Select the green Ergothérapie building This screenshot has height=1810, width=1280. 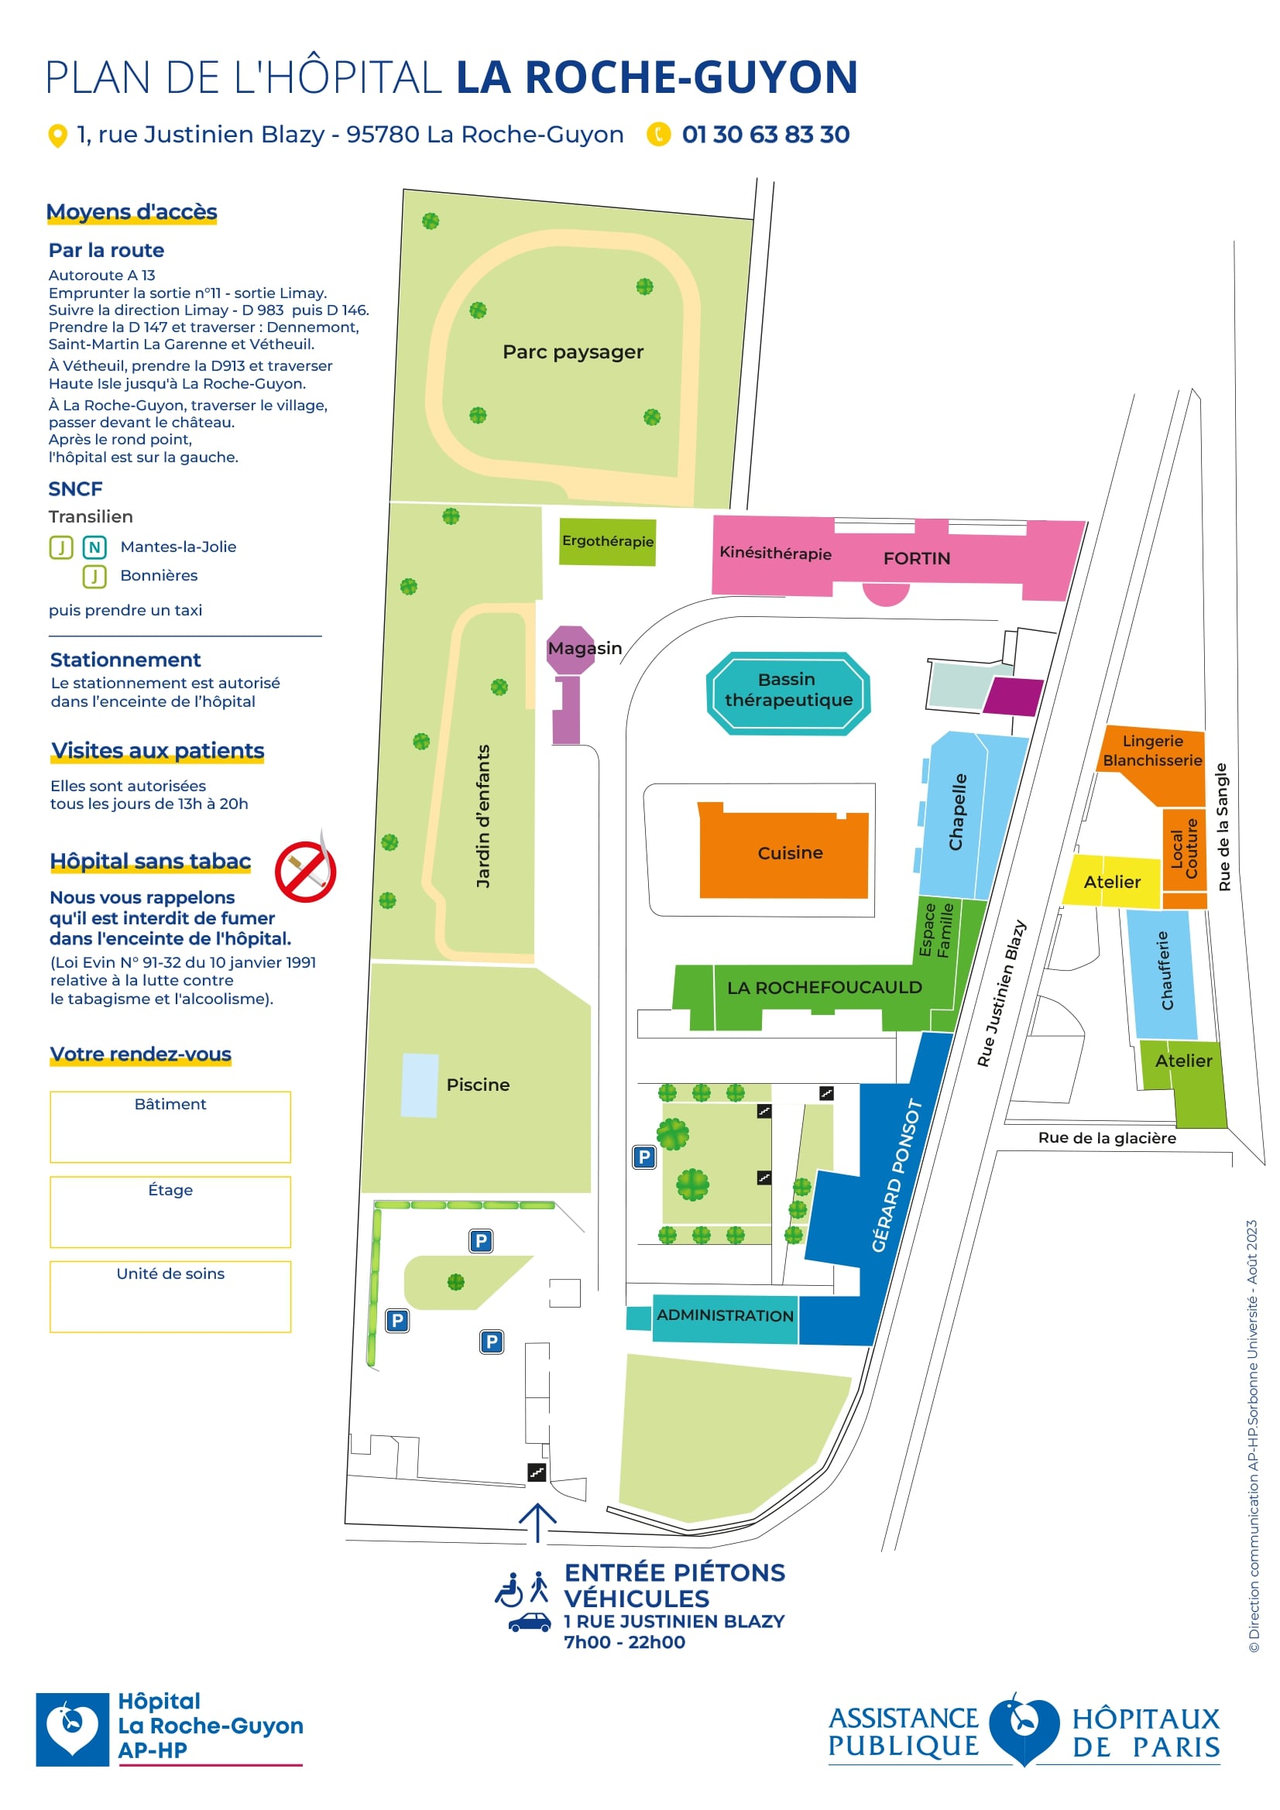[x=607, y=542]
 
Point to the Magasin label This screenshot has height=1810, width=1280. [x=585, y=648]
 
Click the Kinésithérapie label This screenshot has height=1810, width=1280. [x=774, y=554]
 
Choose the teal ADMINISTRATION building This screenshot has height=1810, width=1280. [x=725, y=1316]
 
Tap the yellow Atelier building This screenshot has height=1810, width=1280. [x=1111, y=881]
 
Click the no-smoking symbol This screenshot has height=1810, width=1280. [x=305, y=871]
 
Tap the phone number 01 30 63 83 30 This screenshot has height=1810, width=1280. [x=765, y=135]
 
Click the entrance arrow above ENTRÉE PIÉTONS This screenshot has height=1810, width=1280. [x=538, y=1521]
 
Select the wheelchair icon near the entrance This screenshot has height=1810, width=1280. [x=510, y=1589]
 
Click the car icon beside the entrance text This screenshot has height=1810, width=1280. [x=529, y=1622]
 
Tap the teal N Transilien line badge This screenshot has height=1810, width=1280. [x=94, y=547]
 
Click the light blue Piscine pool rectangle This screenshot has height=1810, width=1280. [x=420, y=1085]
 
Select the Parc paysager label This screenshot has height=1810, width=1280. [x=572, y=352]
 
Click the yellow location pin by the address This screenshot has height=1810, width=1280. [x=57, y=135]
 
